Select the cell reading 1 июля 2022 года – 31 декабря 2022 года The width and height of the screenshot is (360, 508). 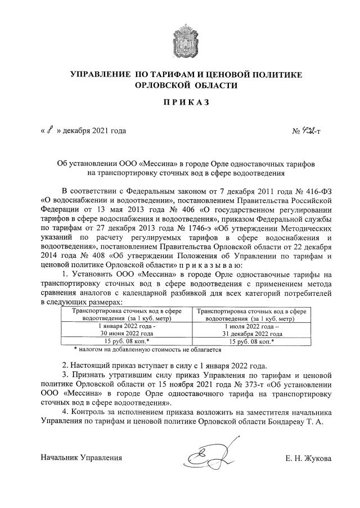click(251, 329)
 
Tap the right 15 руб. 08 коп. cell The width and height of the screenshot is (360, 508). click(251, 341)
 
